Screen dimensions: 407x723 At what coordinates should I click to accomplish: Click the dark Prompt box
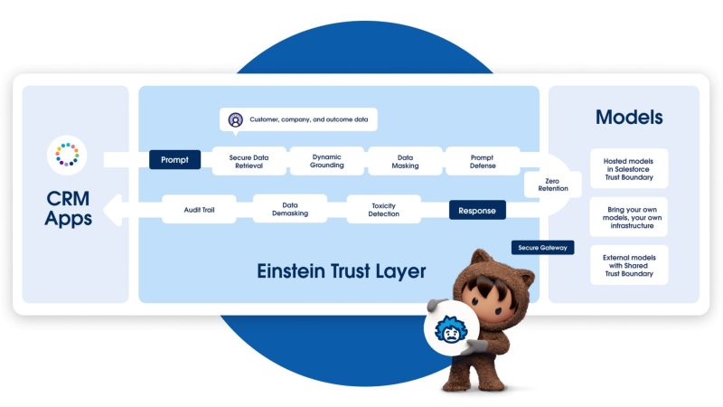pyautogui.click(x=174, y=160)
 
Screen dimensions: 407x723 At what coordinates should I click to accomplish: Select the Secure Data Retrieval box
pyautogui.click(x=249, y=161)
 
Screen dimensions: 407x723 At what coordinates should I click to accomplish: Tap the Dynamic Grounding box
pyautogui.click(x=326, y=161)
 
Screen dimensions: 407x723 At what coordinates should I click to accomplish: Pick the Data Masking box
pyautogui.click(x=404, y=161)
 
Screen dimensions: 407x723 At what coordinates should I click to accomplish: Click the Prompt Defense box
pyautogui.click(x=482, y=161)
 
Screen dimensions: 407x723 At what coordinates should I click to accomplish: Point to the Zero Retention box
pyautogui.click(x=552, y=185)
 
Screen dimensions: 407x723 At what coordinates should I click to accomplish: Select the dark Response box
pyautogui.click(x=477, y=211)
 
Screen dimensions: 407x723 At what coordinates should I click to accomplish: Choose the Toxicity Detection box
pyautogui.click(x=383, y=210)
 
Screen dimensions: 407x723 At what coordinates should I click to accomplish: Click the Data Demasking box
pyautogui.click(x=289, y=210)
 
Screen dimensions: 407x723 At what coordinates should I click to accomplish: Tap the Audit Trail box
pyautogui.click(x=199, y=211)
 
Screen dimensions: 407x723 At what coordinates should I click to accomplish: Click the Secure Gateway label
pyautogui.click(x=542, y=247)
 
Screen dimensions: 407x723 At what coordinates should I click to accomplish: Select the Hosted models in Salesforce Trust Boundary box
pyautogui.click(x=629, y=167)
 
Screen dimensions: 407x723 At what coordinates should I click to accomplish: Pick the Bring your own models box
pyautogui.click(x=629, y=217)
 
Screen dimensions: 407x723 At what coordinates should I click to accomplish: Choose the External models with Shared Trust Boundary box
pyautogui.click(x=629, y=265)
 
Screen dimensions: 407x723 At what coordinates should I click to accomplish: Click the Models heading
pyautogui.click(x=629, y=118)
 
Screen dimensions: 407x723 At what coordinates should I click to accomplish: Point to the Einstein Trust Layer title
pyautogui.click(x=342, y=270)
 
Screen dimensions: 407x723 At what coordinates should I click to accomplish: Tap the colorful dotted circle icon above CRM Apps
pyautogui.click(x=67, y=155)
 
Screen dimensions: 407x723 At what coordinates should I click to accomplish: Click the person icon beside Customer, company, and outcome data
pyautogui.click(x=235, y=119)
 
